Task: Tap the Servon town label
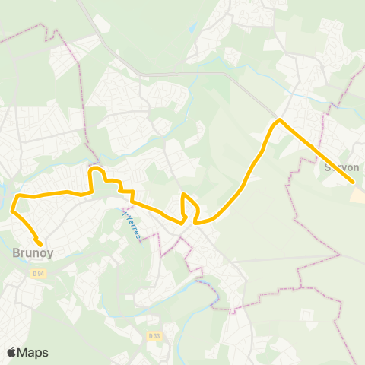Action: pos(341,167)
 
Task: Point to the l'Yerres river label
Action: pos(130,225)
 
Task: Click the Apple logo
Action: pos(11,352)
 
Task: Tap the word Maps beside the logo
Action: pos(33,352)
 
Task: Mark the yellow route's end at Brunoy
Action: pos(40,244)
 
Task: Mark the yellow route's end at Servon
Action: pos(353,182)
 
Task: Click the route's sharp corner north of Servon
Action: pos(279,120)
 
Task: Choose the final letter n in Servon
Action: pos(354,167)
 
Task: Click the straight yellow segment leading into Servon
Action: pos(316,151)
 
